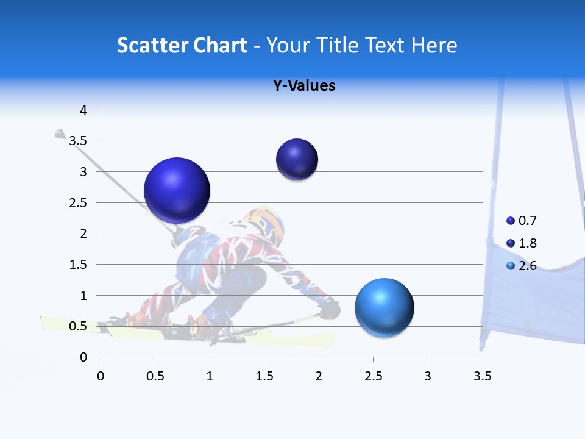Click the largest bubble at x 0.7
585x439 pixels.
coord(177,190)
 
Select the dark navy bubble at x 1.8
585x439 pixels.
coord(297,160)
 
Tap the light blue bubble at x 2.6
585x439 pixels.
coord(384,307)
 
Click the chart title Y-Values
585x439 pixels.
coord(304,86)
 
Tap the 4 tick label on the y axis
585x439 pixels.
coord(83,110)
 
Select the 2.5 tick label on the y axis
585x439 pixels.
coord(79,203)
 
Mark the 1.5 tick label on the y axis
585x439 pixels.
coord(79,265)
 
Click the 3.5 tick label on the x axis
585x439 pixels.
coord(482,376)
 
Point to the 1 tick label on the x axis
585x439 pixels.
coord(210,376)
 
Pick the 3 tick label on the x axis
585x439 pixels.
coord(428,376)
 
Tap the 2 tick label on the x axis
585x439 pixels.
coord(319,376)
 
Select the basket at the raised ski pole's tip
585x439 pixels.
coord(60,134)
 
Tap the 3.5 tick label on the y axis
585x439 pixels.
coord(79,141)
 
